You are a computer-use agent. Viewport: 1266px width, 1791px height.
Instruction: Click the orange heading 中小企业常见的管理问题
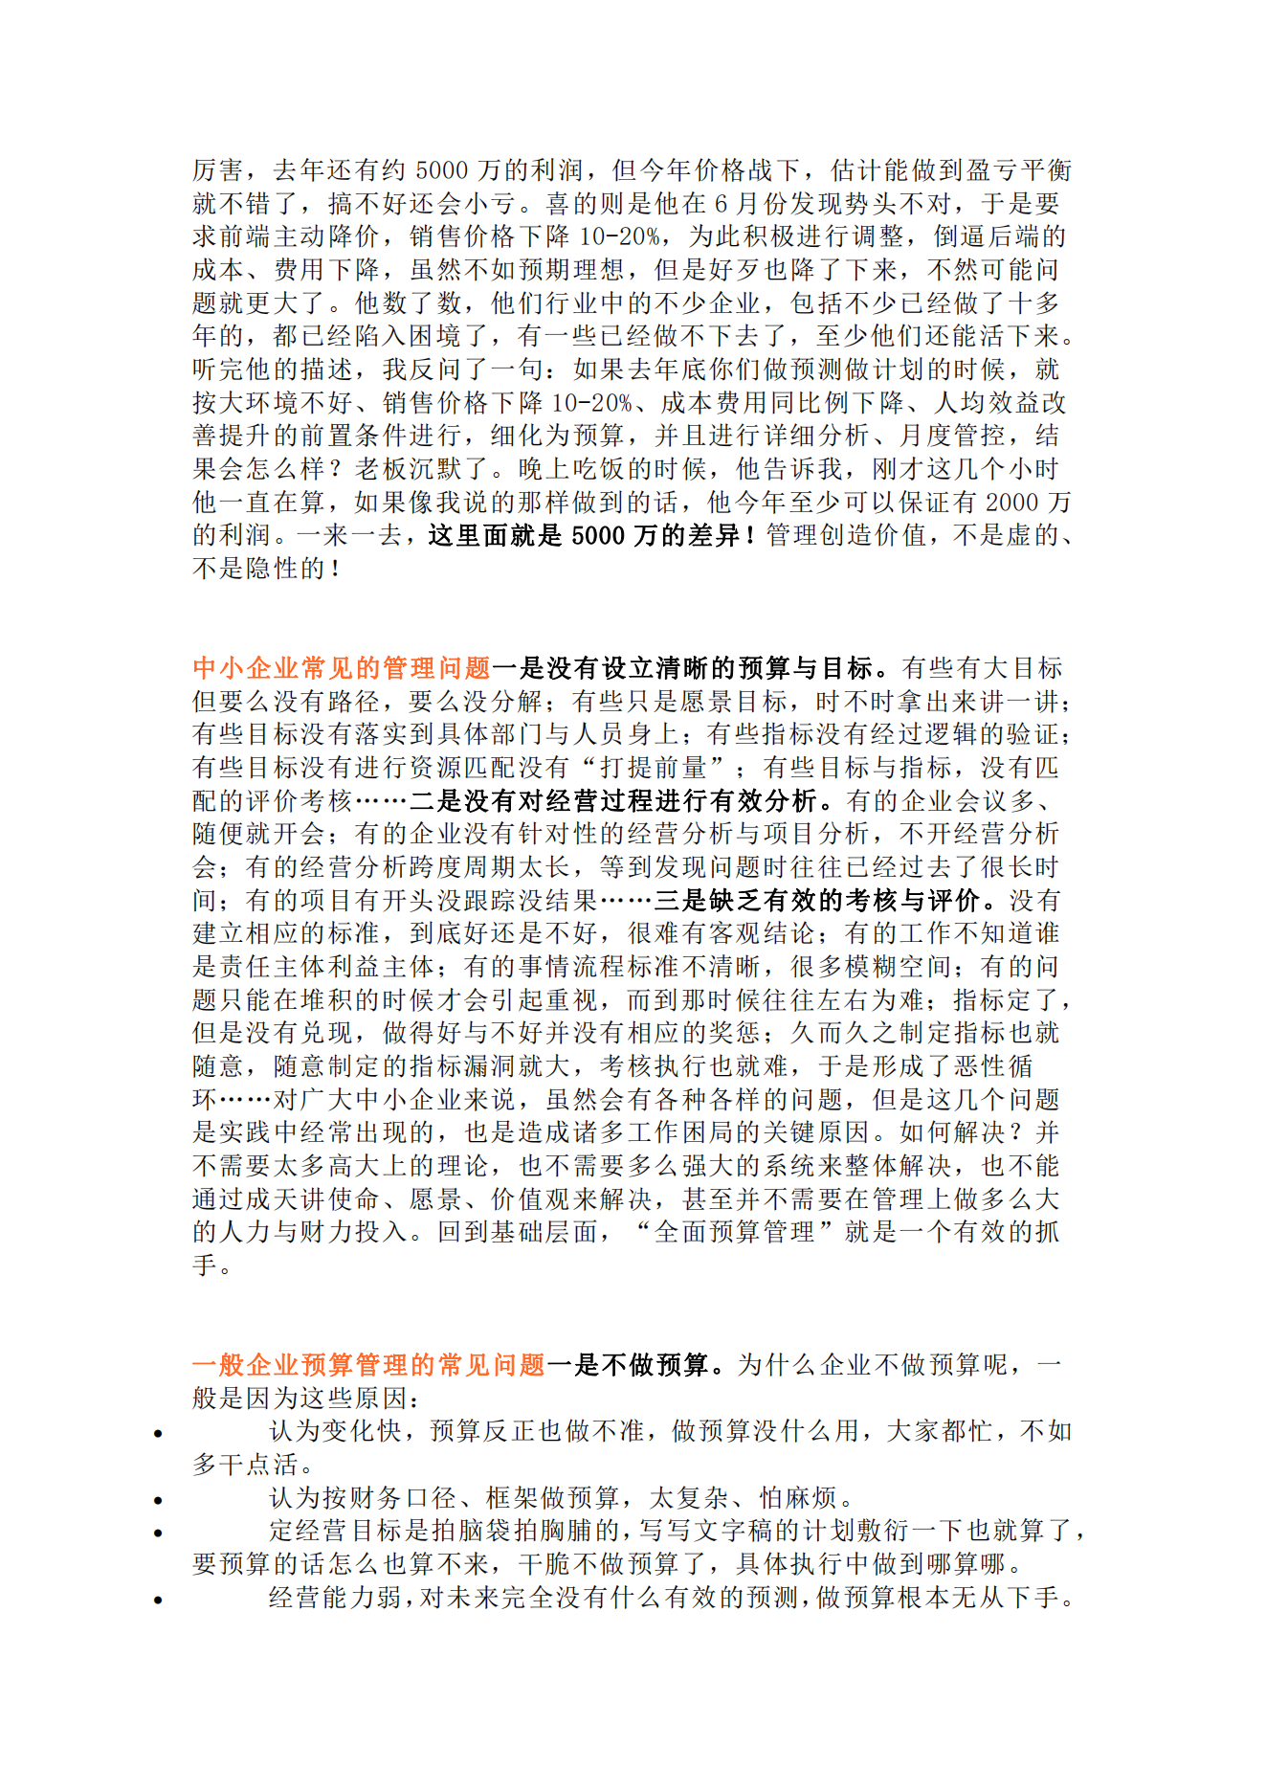coord(341,668)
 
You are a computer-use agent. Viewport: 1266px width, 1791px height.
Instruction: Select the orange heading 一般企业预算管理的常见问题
coord(368,1365)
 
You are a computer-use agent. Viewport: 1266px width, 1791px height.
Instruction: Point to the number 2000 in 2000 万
coord(1011,503)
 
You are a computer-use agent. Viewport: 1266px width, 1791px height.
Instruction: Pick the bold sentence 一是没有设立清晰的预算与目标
coord(696,668)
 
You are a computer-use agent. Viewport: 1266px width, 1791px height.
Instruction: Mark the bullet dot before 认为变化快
coord(158,1433)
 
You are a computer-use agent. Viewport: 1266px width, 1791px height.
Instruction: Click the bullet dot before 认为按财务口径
coord(158,1500)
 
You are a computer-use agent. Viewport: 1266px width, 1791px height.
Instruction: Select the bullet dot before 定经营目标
coord(158,1533)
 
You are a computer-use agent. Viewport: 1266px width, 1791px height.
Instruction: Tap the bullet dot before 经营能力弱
coord(158,1600)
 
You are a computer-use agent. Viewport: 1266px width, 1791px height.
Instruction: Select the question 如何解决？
coord(961,1132)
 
